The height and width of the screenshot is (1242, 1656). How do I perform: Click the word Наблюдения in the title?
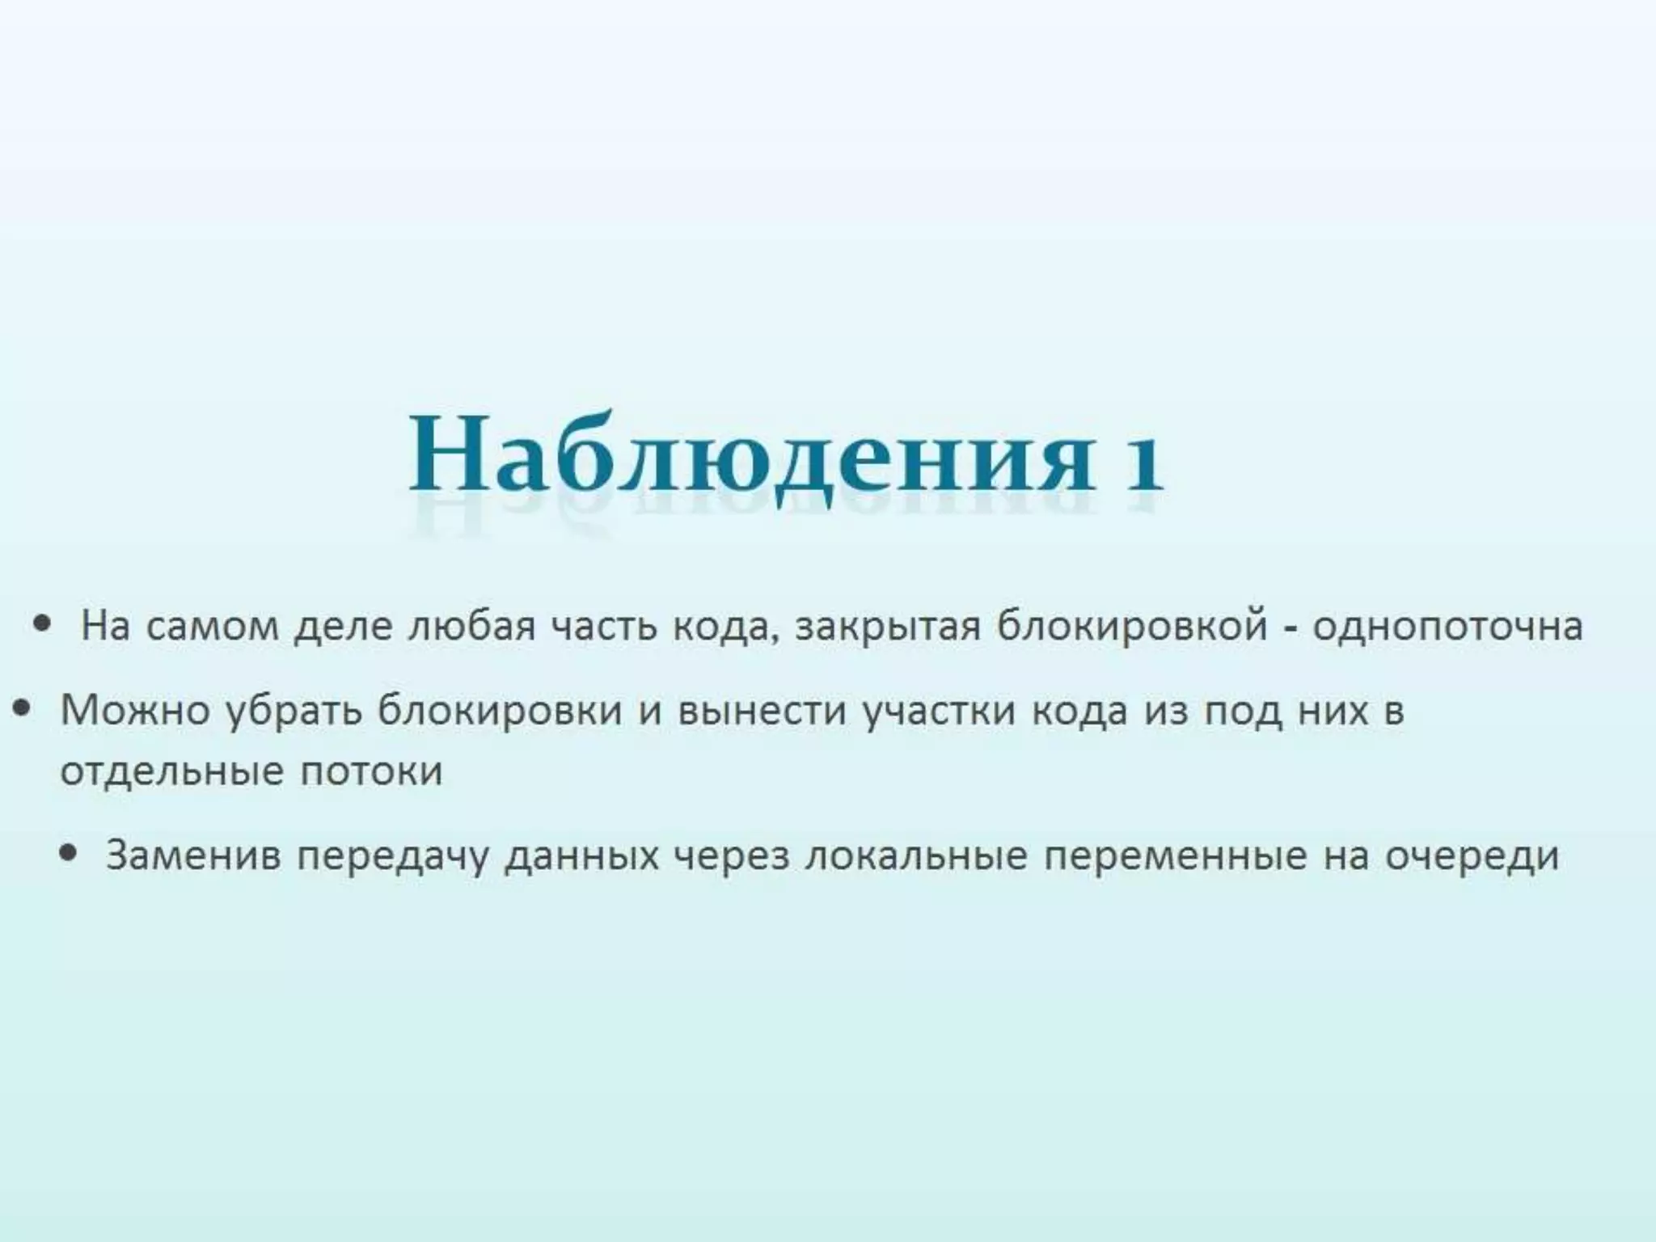(748, 455)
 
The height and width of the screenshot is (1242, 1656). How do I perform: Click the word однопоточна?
(1447, 627)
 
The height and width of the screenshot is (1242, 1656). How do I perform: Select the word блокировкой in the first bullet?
(1131, 627)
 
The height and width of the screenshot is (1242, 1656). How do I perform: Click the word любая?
(471, 627)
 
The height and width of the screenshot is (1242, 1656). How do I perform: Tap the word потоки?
(371, 771)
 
